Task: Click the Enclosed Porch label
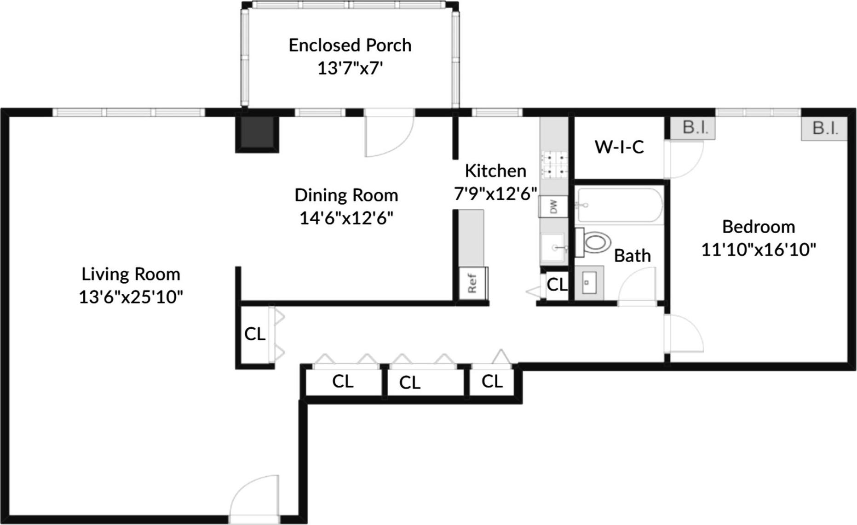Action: point(350,45)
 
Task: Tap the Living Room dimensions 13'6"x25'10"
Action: point(131,297)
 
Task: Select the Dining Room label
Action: point(346,195)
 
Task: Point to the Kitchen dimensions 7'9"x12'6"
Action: point(495,194)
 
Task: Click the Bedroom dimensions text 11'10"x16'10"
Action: point(758,250)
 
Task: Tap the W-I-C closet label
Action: point(619,147)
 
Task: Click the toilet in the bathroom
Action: point(595,242)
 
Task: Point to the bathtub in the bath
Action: point(619,205)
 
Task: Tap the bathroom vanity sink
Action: point(588,282)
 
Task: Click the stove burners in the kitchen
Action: point(555,165)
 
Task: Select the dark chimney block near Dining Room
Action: point(257,133)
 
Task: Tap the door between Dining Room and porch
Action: point(389,133)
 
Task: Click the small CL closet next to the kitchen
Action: point(557,285)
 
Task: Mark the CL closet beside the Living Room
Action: point(255,334)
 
